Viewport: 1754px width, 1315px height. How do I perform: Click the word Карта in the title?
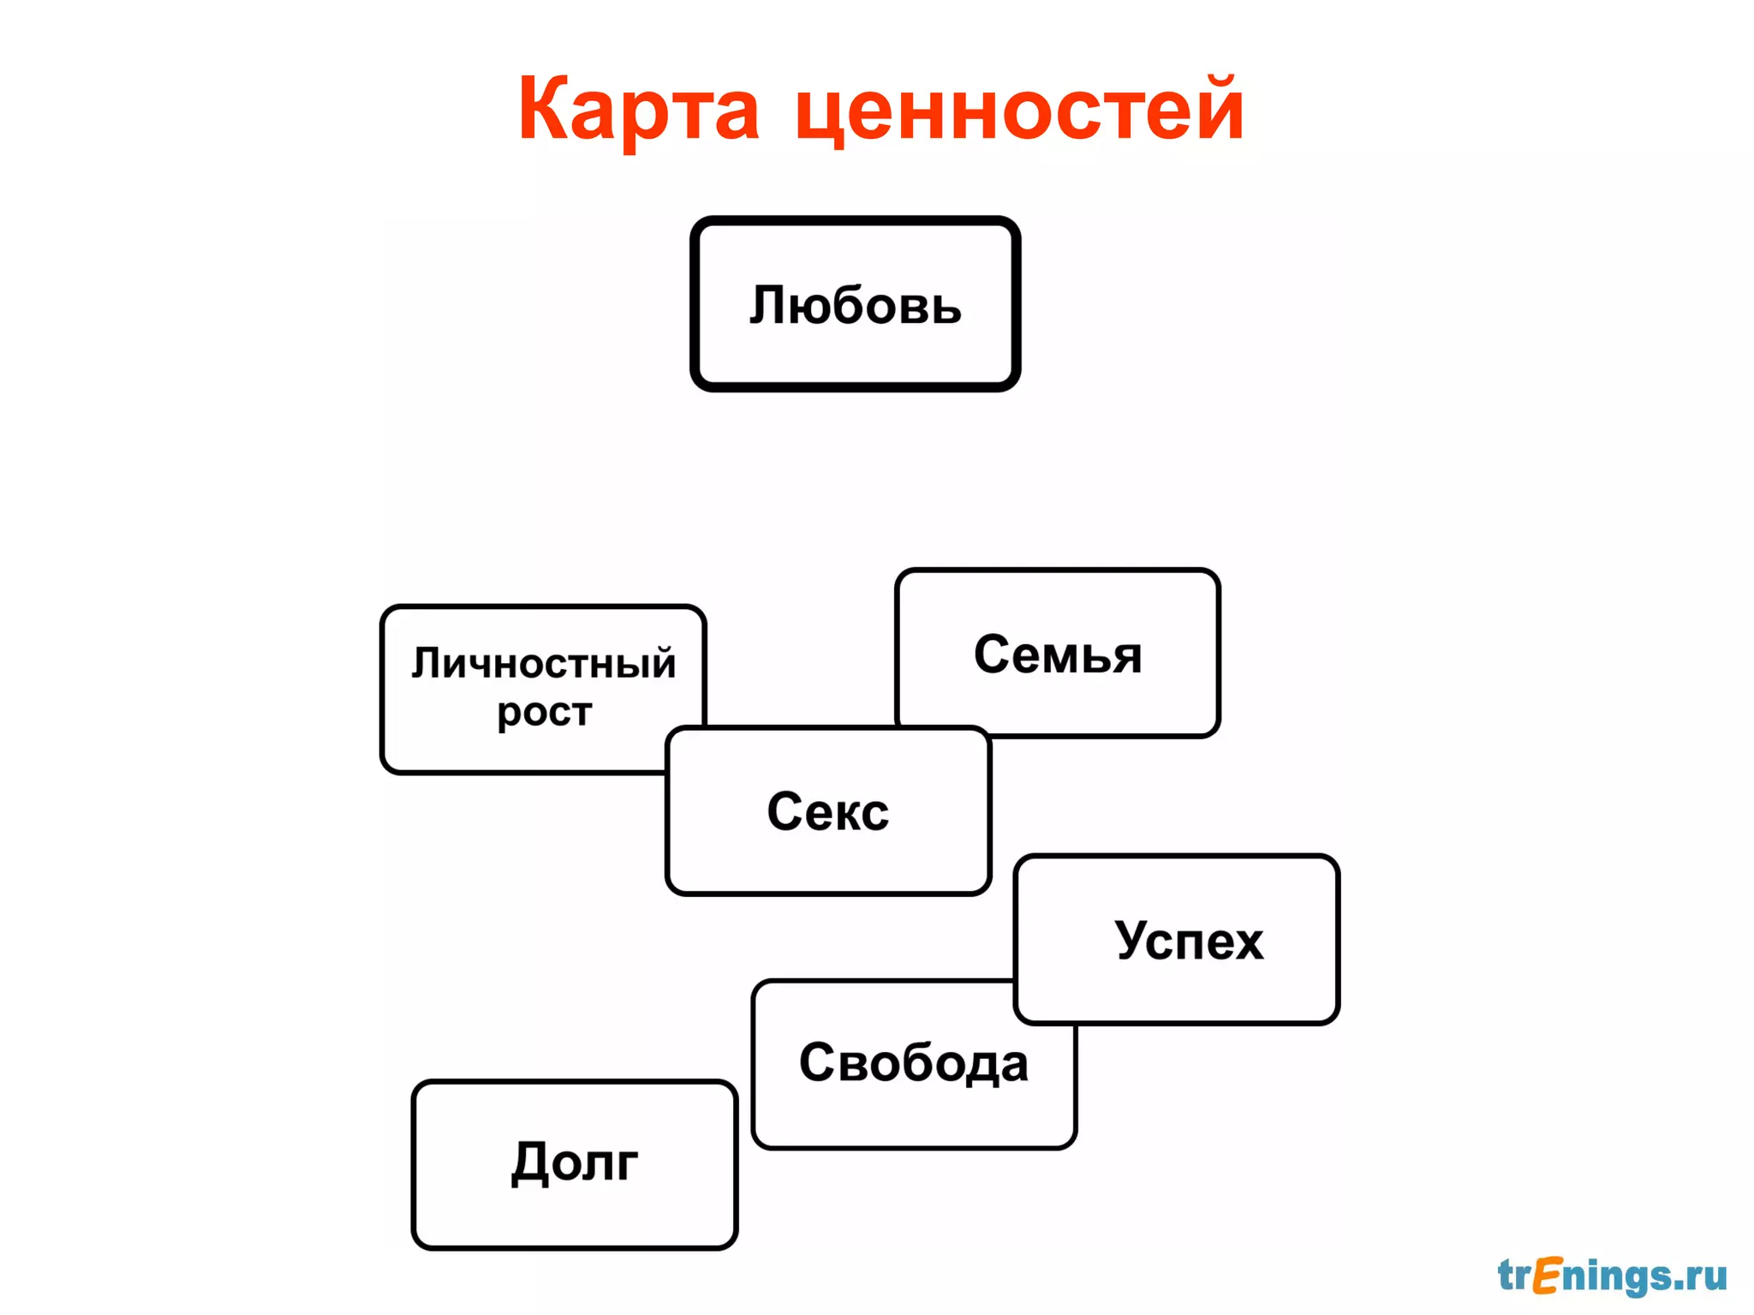[x=638, y=110]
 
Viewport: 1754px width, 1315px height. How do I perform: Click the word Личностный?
[x=544, y=664]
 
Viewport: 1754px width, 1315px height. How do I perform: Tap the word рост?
[x=545, y=712]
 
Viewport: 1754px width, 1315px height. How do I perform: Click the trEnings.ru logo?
[x=1612, y=1276]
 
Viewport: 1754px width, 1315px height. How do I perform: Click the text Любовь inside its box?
[x=855, y=305]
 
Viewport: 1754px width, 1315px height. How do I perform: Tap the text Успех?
[x=1189, y=941]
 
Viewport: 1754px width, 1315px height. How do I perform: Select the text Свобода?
[x=914, y=1063]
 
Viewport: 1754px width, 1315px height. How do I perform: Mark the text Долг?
[x=575, y=1163]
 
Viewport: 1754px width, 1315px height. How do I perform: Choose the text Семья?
[x=1058, y=655]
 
